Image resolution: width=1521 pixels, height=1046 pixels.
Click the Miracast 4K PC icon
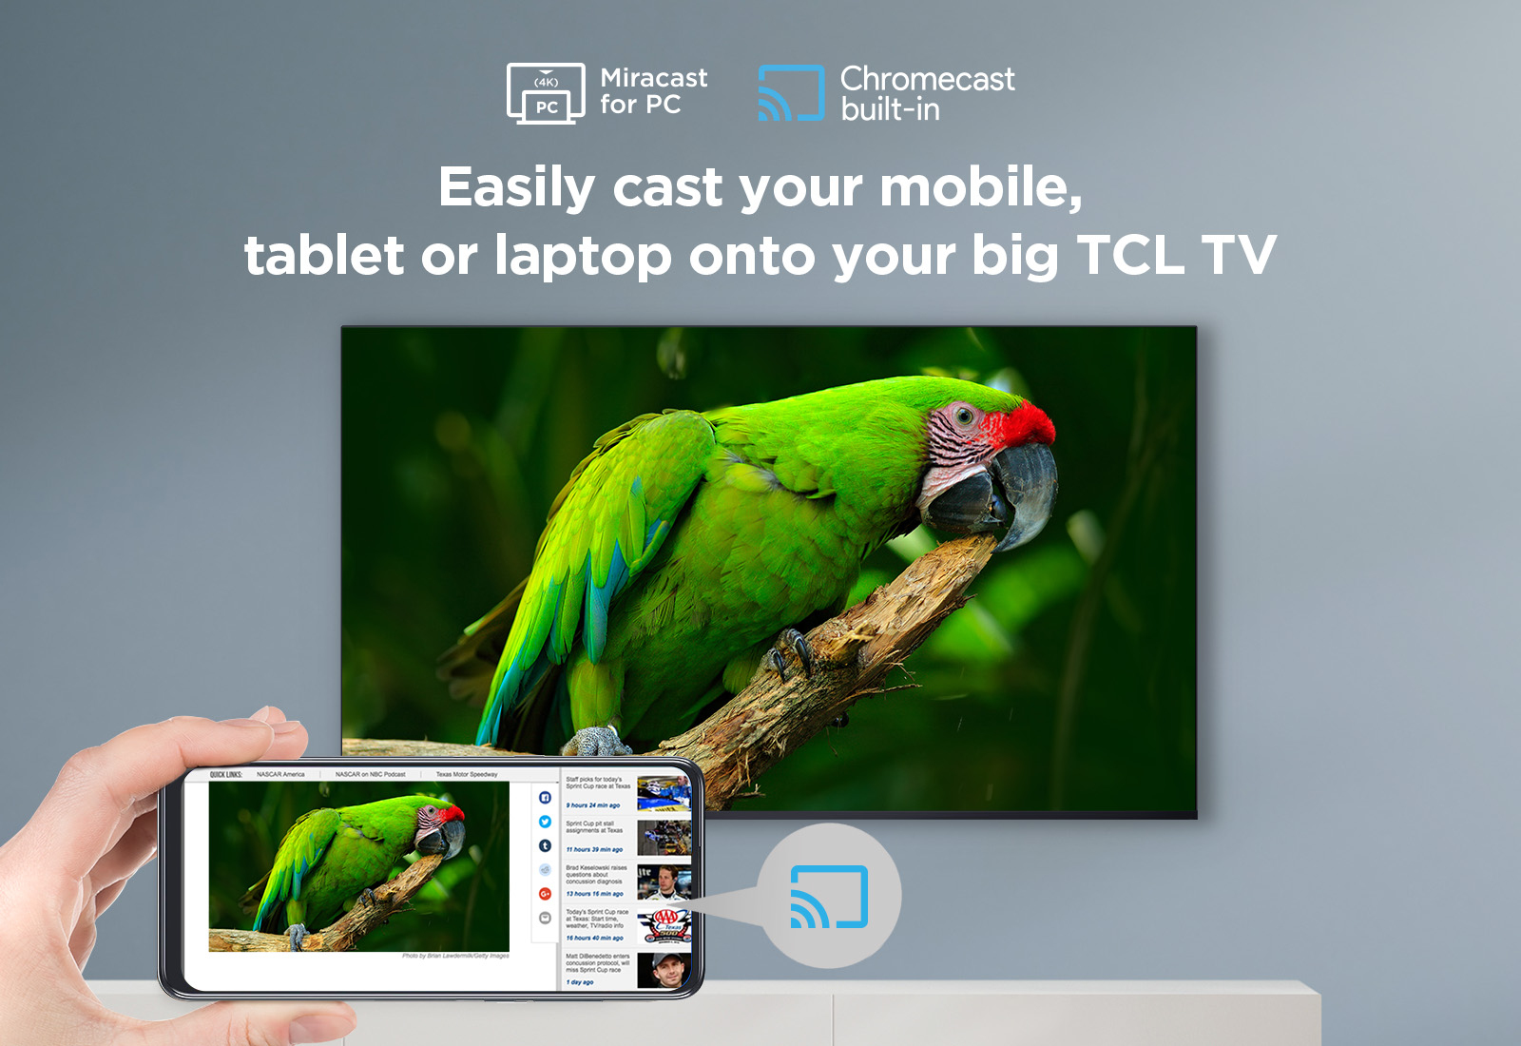click(x=545, y=93)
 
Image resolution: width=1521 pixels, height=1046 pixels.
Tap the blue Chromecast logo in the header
click(x=790, y=93)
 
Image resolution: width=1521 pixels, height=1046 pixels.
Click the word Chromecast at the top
click(x=927, y=79)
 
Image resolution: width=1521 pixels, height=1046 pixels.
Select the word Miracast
click(x=653, y=78)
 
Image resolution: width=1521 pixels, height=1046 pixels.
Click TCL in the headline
click(x=1129, y=256)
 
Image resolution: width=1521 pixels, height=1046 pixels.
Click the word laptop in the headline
click(x=583, y=257)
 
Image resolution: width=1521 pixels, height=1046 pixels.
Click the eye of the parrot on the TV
click(x=964, y=416)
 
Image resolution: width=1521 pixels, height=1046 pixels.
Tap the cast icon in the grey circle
click(x=829, y=897)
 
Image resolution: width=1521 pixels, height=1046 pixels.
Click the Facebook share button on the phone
click(x=545, y=797)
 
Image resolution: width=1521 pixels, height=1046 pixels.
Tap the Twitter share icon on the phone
click(x=545, y=822)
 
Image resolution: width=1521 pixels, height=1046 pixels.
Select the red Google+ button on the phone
click(x=545, y=894)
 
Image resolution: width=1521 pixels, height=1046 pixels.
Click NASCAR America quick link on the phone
click(x=280, y=774)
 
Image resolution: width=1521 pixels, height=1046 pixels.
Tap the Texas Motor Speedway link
click(x=466, y=774)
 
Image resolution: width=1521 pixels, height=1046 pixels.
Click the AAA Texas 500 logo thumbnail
click(x=664, y=924)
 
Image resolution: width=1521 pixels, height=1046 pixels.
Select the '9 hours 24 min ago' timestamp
click(x=593, y=805)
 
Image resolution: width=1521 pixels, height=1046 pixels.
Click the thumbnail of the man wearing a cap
click(x=664, y=970)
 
